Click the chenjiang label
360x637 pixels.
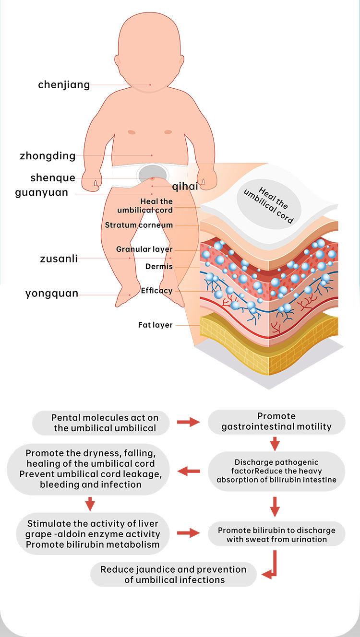64,85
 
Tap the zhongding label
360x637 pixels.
48,156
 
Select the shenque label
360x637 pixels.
53,178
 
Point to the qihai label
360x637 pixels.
185,187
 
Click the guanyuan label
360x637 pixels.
48,193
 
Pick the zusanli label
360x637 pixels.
59,259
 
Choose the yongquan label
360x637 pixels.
52,294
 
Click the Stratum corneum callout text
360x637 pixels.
139,225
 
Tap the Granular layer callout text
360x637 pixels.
144,249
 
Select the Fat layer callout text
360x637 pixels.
155,325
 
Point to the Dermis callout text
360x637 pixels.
159,267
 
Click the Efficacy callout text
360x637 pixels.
156,291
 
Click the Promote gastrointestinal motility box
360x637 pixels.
276,422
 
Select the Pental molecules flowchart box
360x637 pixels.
102,423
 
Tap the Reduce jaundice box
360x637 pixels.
173,575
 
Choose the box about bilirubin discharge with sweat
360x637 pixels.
276,535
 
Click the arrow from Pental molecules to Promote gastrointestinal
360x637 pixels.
188,422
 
